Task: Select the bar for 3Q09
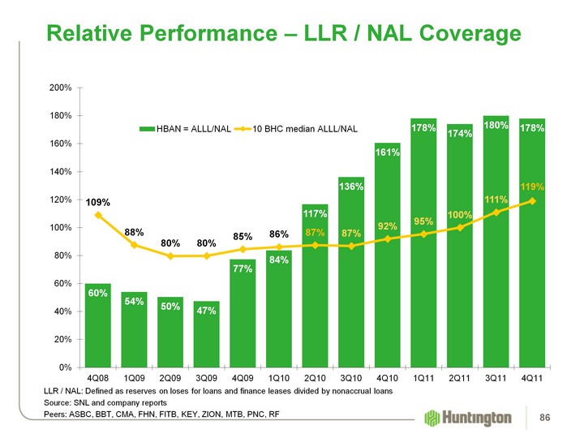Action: [207, 341]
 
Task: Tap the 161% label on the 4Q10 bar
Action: [388, 152]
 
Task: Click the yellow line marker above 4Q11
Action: [532, 201]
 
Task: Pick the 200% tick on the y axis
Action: [62, 87]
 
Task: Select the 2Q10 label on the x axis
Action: [316, 379]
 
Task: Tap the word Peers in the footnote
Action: [56, 414]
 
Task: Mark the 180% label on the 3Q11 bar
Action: [496, 127]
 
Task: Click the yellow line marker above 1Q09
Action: [135, 244]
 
